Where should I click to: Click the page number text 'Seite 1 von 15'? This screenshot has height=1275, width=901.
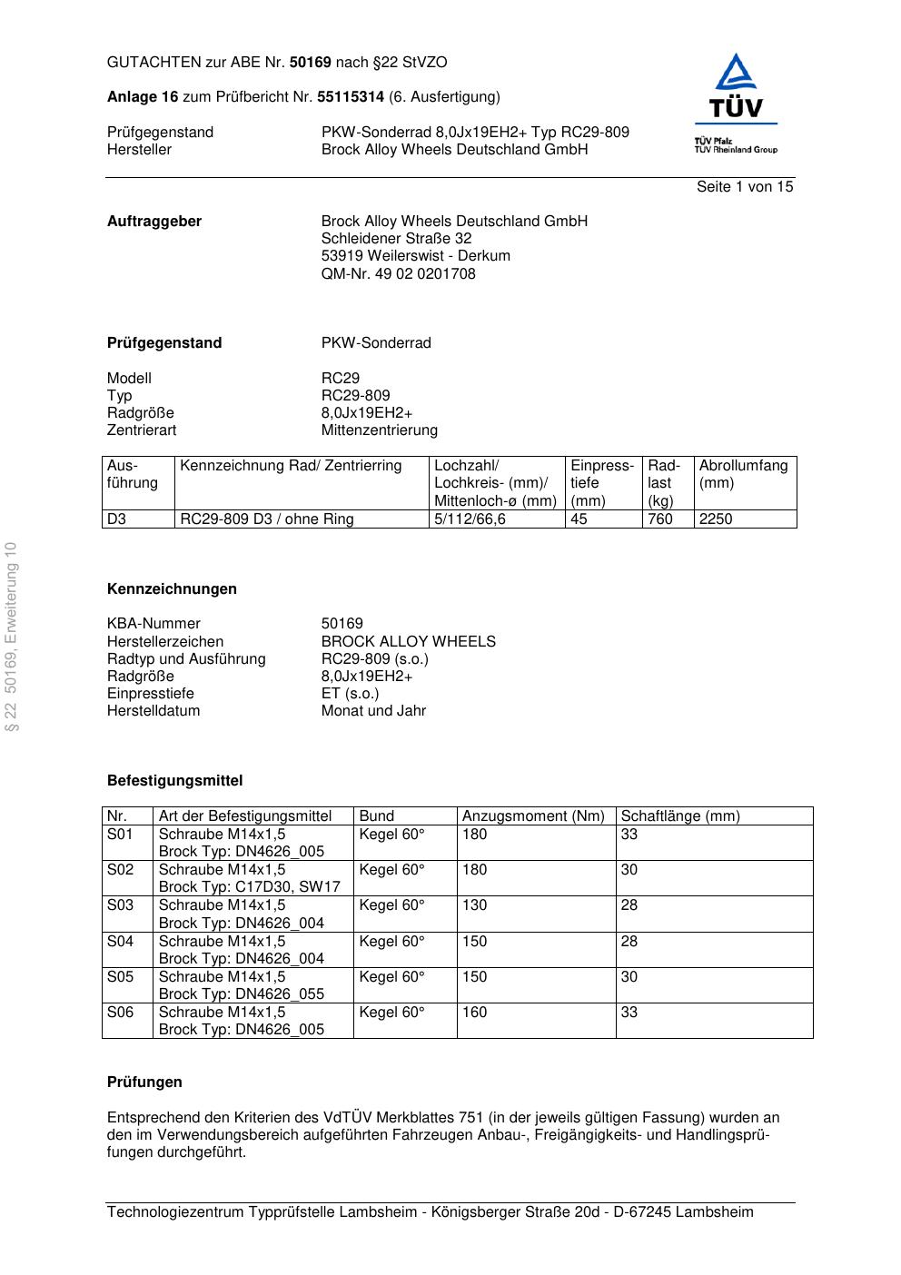pos(744,187)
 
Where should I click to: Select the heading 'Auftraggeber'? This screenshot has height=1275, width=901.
pos(154,222)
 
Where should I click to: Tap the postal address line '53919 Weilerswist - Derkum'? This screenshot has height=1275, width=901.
pos(415,256)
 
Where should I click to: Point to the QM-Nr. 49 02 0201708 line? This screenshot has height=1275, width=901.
pos(398,273)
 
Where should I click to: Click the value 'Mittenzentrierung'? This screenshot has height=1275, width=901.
pos(379,430)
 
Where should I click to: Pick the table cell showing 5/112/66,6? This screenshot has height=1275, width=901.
pos(470,519)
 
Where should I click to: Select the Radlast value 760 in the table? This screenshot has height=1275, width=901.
pos(659,519)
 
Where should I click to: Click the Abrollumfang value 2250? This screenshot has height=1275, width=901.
pos(715,519)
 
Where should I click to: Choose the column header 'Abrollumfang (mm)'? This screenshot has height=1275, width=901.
pos(743,474)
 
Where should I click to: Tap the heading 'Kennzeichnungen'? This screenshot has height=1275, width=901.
pos(172,589)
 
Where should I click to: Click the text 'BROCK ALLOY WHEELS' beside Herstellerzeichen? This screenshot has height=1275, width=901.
pos(408,642)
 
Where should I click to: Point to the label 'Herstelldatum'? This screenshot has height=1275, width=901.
pos(153,711)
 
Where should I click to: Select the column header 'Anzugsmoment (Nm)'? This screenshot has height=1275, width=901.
pos(533,816)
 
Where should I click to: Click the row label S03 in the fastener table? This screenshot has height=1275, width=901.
pos(120,905)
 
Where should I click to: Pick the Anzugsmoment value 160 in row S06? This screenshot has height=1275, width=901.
pos(474,1013)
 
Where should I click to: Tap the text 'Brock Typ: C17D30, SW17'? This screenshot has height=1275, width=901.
pos(249,887)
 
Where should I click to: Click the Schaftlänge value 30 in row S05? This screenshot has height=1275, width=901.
pos(629,977)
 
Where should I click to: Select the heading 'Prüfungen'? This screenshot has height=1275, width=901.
pos(144,1082)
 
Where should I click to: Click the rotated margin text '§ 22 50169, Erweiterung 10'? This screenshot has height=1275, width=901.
pos(11,636)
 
